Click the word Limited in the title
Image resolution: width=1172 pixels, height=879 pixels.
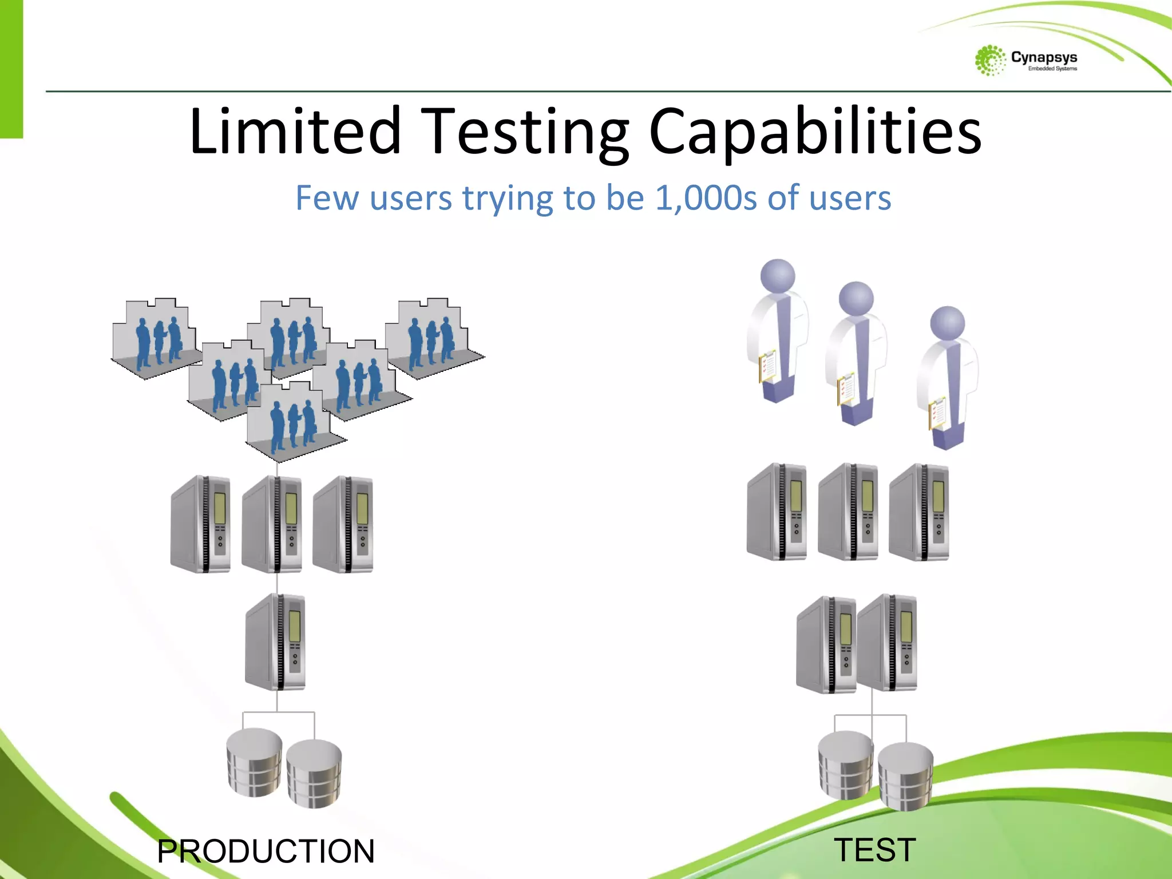295,132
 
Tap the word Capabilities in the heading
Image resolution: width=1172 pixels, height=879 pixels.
815,133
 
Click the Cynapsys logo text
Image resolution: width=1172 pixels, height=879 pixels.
1044,58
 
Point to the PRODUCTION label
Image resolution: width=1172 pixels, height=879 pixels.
266,851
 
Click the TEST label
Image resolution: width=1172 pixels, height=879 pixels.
875,849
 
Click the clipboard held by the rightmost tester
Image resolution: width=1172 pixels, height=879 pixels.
937,413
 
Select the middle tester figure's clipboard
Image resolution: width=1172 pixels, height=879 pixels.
846,389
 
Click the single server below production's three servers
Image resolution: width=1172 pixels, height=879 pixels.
276,642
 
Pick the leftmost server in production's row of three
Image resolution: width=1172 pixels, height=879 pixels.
201,524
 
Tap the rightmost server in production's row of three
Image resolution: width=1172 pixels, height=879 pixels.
343,524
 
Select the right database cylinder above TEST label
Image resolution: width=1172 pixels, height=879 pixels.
905,775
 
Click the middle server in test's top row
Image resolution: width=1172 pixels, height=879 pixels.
848,512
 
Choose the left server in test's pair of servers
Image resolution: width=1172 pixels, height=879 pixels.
825,644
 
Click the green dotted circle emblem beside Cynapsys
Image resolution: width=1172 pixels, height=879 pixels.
989,60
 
